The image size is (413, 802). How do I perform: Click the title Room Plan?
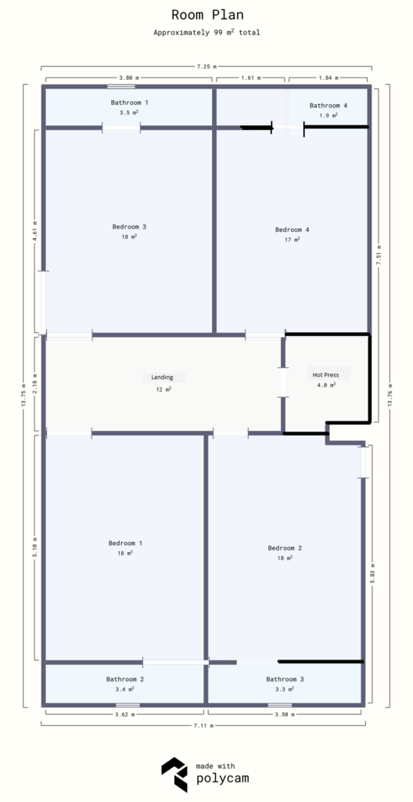click(206, 14)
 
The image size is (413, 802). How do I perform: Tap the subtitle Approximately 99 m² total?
click(206, 32)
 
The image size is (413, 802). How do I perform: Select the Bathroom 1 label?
click(129, 103)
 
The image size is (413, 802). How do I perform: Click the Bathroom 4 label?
click(328, 105)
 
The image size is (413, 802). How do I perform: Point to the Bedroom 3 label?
click(129, 227)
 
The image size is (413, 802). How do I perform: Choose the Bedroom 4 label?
click(292, 229)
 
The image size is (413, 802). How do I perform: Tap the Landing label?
click(163, 377)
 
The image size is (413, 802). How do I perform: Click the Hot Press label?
click(326, 374)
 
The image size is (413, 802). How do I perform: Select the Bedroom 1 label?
click(125, 543)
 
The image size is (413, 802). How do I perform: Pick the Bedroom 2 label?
click(285, 547)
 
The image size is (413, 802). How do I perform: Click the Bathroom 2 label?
click(125, 679)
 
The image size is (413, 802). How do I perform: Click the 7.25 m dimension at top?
click(206, 67)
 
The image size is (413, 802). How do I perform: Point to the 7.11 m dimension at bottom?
click(203, 725)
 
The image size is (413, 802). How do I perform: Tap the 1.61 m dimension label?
click(250, 78)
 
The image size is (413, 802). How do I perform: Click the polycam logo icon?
click(174, 775)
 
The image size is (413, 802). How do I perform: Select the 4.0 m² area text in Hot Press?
click(326, 385)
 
